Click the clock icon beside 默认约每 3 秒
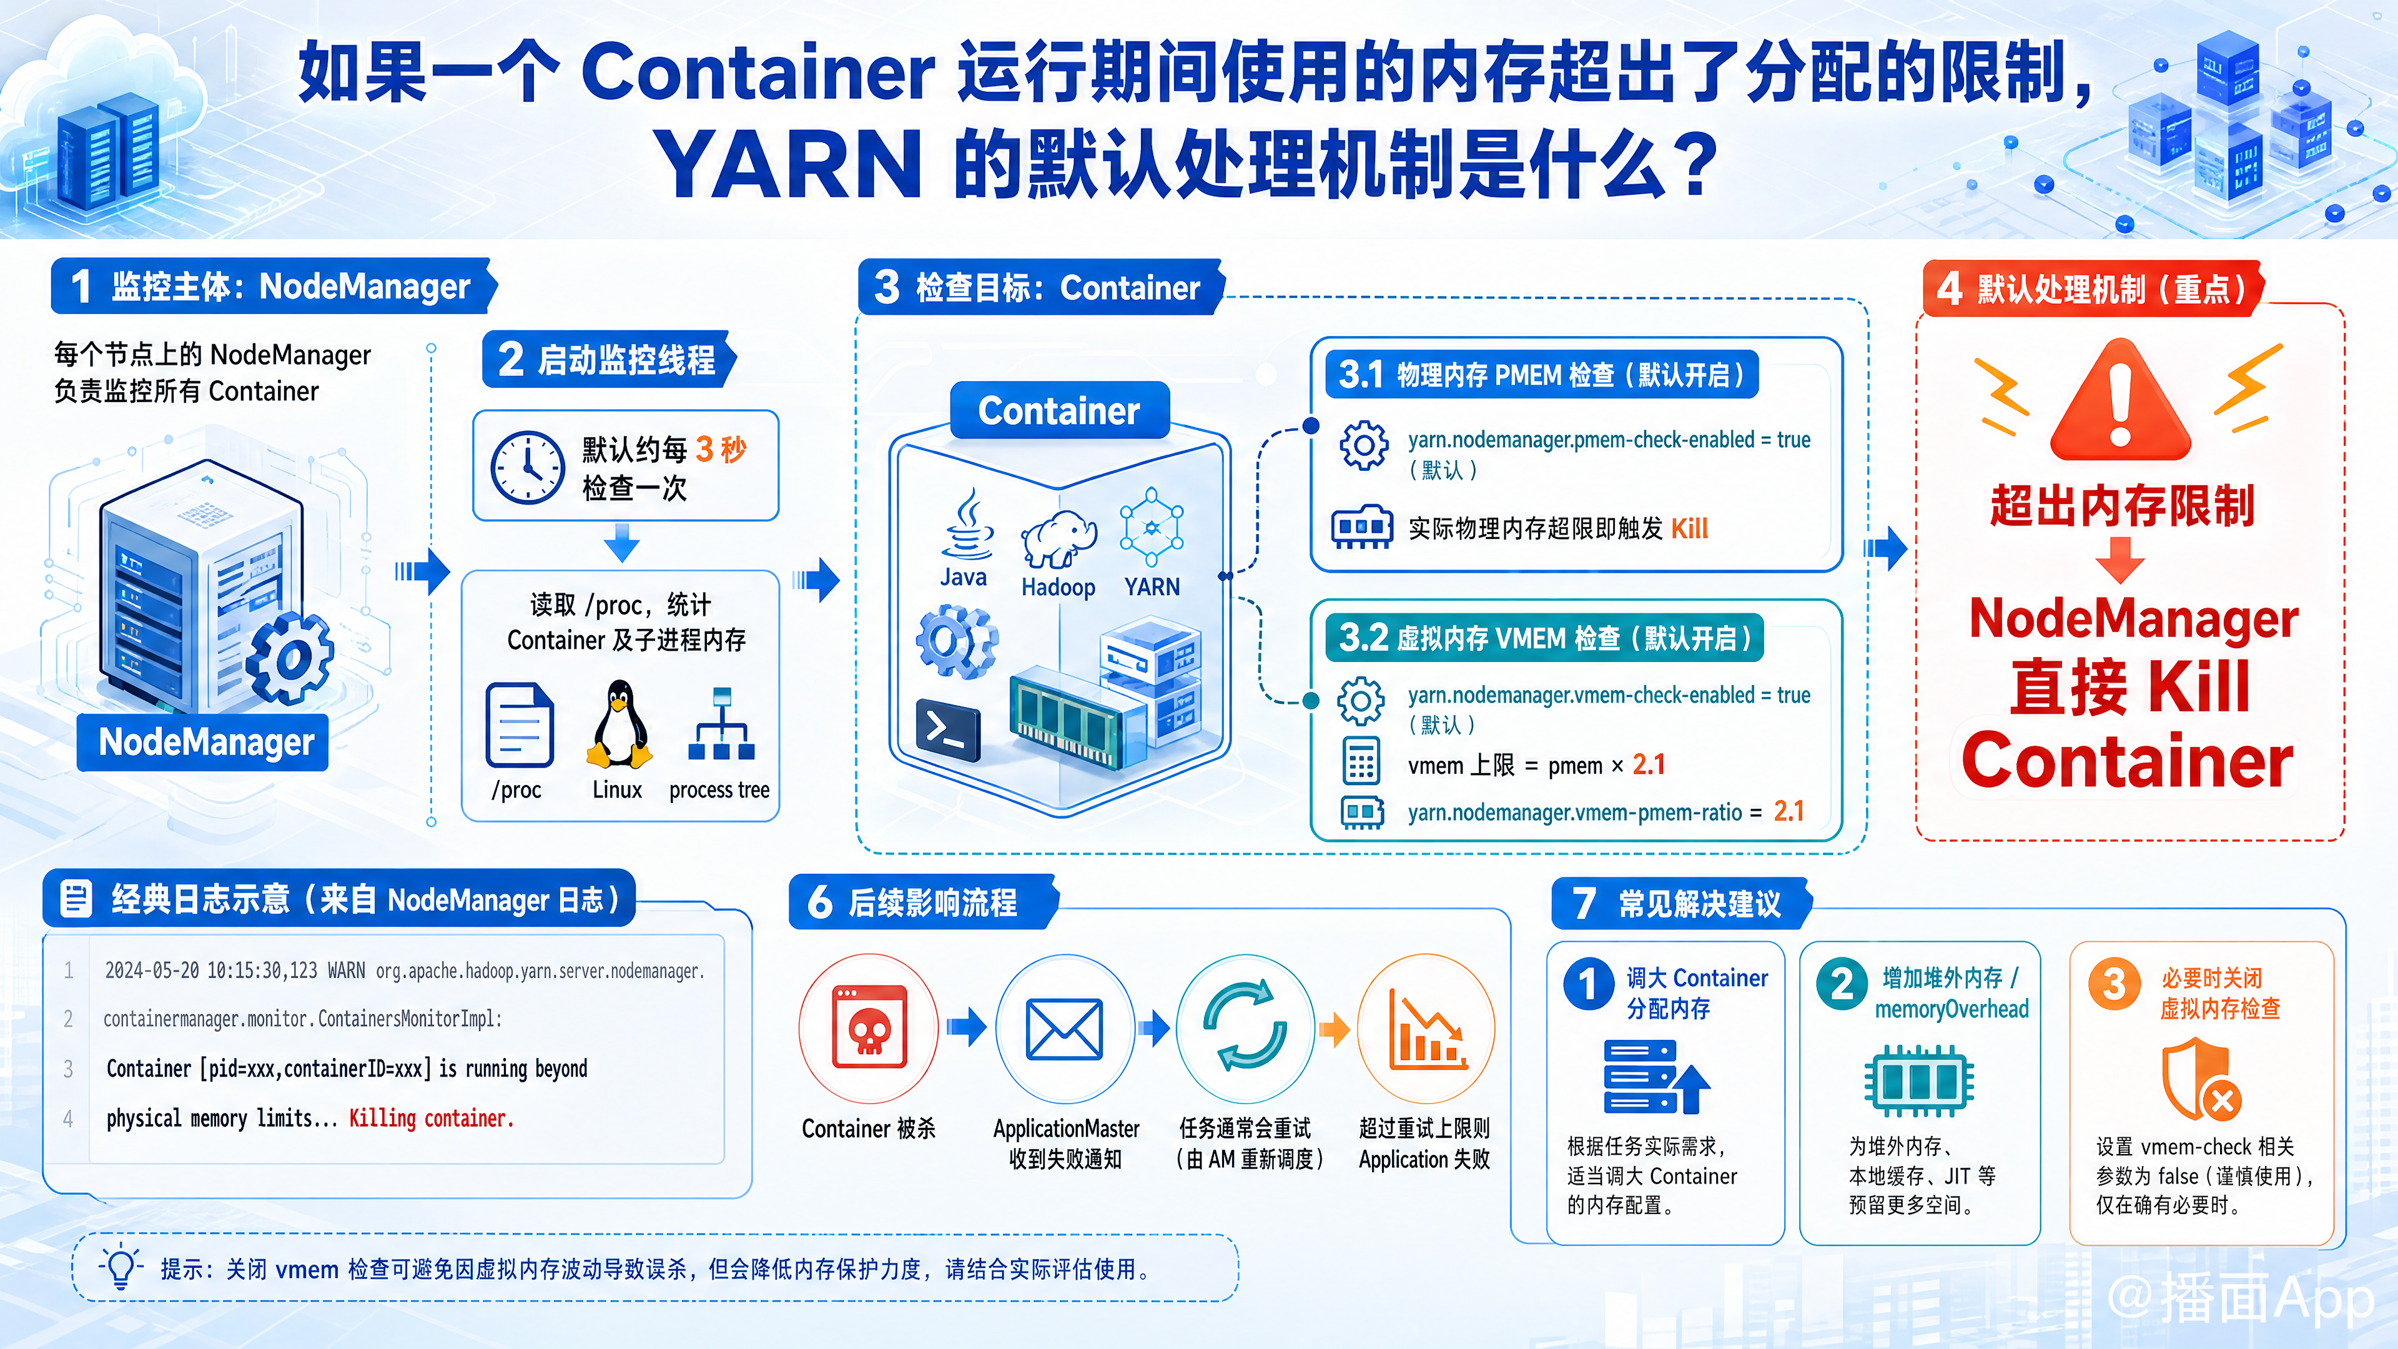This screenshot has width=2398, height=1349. pos(527,467)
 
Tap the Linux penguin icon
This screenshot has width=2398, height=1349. pos(618,723)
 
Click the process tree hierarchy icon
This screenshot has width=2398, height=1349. pos(721,724)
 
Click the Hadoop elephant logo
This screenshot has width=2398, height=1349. pos(1058,539)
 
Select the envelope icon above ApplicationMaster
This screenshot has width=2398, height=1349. pos(1064,1030)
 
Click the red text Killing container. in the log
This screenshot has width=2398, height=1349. pos(431,1118)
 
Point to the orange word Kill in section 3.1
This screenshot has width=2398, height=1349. pos(1690,529)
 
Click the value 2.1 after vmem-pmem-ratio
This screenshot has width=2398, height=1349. pos(1789,812)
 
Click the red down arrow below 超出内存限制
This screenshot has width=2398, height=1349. pos(2121,560)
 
